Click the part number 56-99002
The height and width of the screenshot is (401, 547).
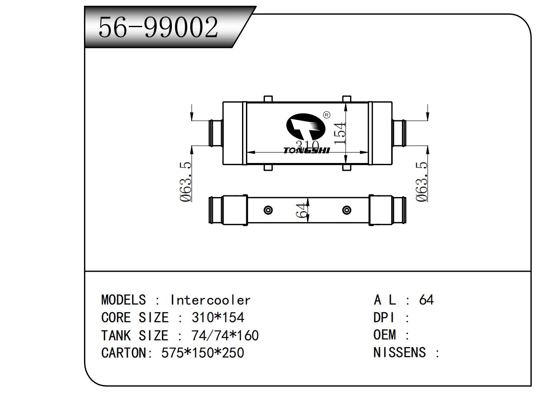(x=159, y=28)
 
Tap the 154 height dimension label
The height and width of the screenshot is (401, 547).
(x=340, y=133)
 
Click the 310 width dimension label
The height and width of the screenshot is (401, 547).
(x=307, y=146)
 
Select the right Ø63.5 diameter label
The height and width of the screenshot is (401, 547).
(x=422, y=182)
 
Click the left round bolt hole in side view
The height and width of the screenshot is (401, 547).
(x=268, y=210)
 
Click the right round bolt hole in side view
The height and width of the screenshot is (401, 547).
(x=347, y=210)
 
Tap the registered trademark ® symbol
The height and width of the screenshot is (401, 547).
(x=326, y=115)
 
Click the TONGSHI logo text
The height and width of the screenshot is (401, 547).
(x=306, y=150)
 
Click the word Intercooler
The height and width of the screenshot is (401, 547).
(x=210, y=300)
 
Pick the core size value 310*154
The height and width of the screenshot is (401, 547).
(x=218, y=318)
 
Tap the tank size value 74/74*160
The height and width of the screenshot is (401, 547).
(x=224, y=335)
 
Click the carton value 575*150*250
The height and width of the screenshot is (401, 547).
(x=202, y=353)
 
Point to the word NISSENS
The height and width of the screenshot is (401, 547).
(x=399, y=353)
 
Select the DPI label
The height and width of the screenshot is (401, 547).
(x=384, y=318)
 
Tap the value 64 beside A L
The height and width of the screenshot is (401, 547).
(x=426, y=300)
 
